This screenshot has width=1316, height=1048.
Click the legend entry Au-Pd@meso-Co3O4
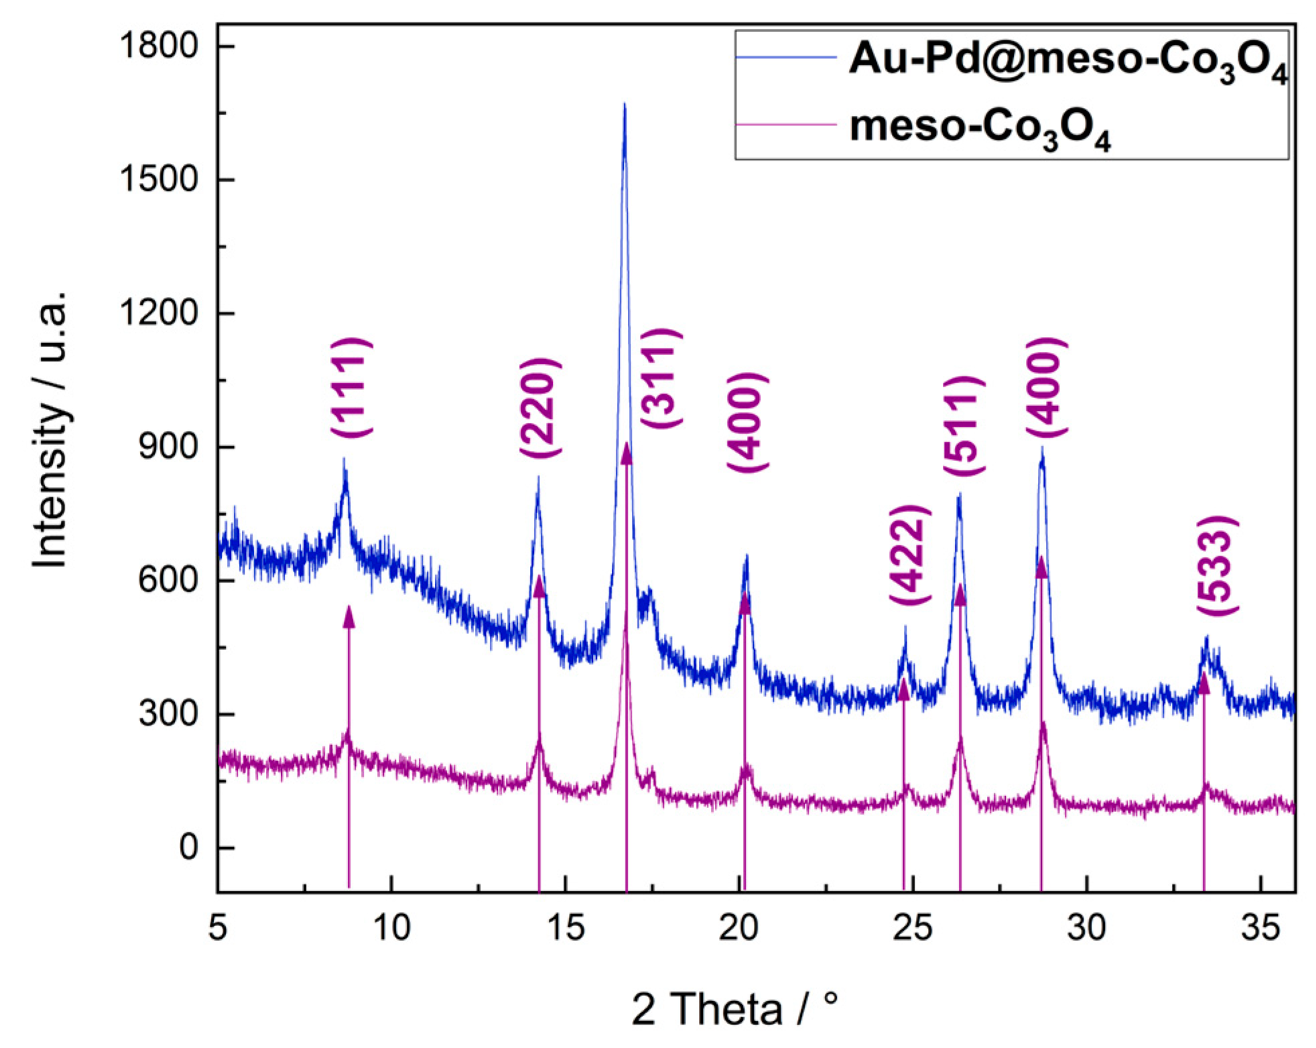(x=1067, y=60)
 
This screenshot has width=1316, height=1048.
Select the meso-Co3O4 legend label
(x=980, y=127)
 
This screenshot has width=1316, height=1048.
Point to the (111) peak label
(x=350, y=389)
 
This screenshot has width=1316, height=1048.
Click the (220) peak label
(x=539, y=409)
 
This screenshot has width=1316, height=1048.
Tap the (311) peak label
(x=661, y=379)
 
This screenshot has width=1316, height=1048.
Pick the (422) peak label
(x=909, y=555)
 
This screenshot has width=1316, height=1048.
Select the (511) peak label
(x=963, y=427)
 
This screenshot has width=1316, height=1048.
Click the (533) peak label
(x=1217, y=566)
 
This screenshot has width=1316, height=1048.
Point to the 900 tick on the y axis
(x=168, y=447)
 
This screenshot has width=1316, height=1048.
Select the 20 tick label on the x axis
(x=738, y=928)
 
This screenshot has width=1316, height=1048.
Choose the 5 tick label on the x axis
(x=218, y=928)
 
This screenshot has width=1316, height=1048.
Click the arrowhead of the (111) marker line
(x=348, y=616)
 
